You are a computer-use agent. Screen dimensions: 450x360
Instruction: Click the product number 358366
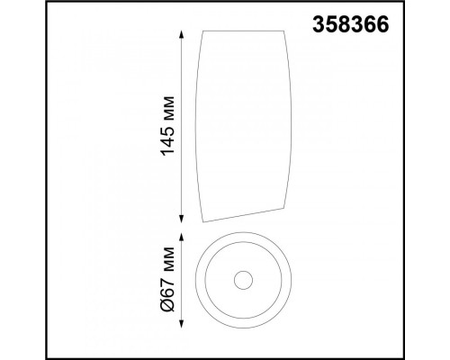click(x=351, y=24)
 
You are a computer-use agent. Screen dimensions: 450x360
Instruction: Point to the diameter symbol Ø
click(x=168, y=305)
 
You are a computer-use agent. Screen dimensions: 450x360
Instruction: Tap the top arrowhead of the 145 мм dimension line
click(x=181, y=34)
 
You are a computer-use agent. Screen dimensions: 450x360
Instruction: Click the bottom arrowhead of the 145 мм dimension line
click(x=181, y=219)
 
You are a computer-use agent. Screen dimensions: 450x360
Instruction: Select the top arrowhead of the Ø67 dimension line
click(x=181, y=238)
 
